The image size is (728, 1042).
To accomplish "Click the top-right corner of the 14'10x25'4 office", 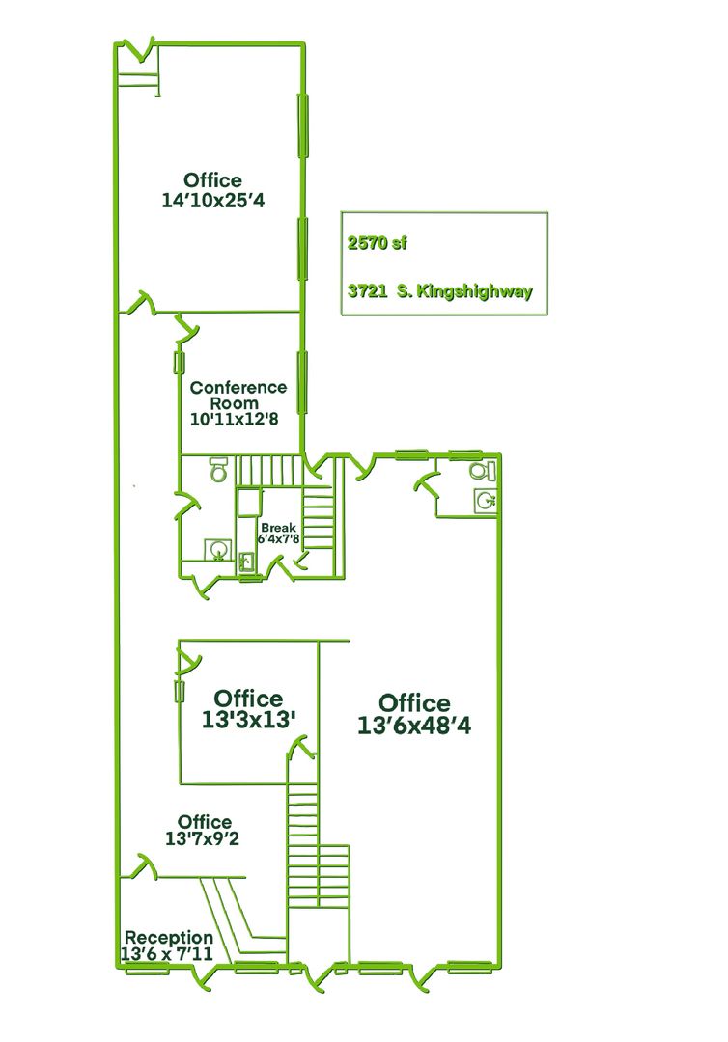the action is [304, 44].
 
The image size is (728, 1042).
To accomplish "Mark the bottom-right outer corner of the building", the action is [499, 968].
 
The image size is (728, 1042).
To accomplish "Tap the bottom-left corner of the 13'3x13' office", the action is [181, 783].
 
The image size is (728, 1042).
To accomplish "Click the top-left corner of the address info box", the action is [342, 212].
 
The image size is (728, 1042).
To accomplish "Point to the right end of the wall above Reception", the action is [246, 877].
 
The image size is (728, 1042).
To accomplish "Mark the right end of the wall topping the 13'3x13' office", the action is [350, 642].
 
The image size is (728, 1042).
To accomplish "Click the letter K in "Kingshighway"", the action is [423, 291].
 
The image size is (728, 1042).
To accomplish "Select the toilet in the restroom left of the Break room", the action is [219, 469].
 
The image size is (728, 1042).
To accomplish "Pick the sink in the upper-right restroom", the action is [487, 501].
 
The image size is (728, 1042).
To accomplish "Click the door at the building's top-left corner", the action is [140, 50].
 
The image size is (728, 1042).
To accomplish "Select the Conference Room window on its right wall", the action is [302, 382].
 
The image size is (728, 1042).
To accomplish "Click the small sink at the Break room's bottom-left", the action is [246, 562].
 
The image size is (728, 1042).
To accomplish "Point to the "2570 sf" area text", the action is [377, 243].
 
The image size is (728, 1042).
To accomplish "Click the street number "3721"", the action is [368, 291].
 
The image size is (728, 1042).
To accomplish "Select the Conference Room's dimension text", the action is [234, 420].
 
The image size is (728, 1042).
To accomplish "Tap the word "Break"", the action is [279, 528].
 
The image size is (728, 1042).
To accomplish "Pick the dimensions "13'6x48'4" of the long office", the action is [414, 726].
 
